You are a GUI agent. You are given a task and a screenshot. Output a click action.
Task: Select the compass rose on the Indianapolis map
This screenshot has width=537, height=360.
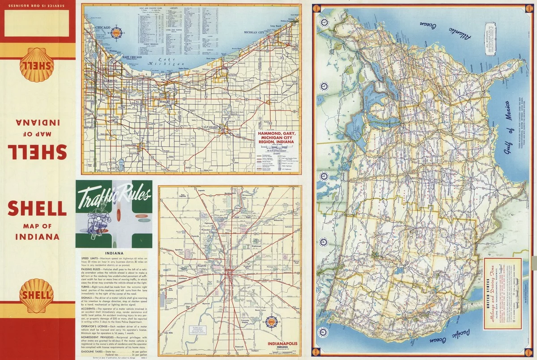click(x=272, y=321)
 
